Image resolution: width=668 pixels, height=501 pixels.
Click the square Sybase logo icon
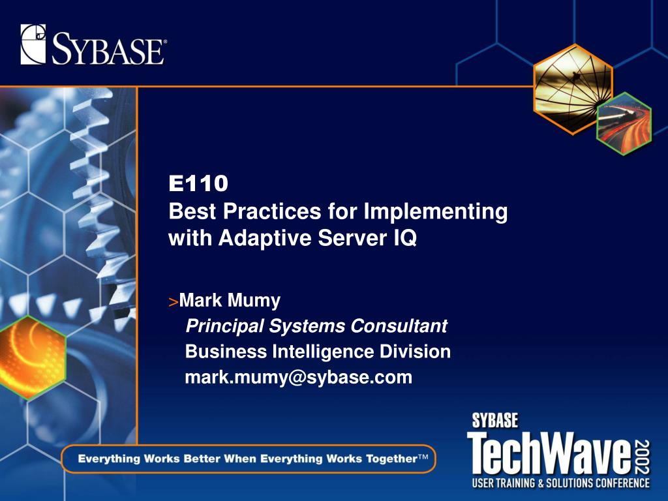(x=33, y=44)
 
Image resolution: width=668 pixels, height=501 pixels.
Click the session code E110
(x=198, y=183)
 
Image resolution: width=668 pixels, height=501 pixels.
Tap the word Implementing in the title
(x=435, y=212)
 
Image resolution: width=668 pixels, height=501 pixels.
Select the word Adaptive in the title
(x=265, y=237)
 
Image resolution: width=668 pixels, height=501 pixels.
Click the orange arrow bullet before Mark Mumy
(x=173, y=302)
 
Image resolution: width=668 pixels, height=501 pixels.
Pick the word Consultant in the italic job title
(x=399, y=326)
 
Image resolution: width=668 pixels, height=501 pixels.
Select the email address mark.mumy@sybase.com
(x=298, y=378)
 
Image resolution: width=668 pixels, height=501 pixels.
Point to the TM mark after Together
(x=422, y=457)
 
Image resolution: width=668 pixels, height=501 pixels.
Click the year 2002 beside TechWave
(x=642, y=457)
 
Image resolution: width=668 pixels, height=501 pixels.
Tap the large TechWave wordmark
(x=549, y=453)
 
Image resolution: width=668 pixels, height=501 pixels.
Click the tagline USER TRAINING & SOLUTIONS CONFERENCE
(x=560, y=483)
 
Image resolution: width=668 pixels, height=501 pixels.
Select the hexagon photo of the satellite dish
(x=573, y=89)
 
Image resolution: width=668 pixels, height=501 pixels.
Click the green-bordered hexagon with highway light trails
(x=624, y=123)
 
